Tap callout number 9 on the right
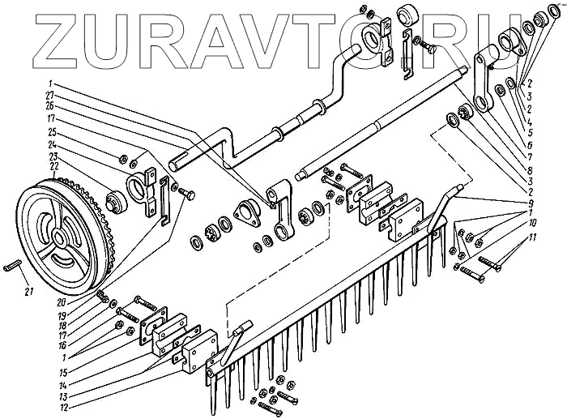tap(530, 201)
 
